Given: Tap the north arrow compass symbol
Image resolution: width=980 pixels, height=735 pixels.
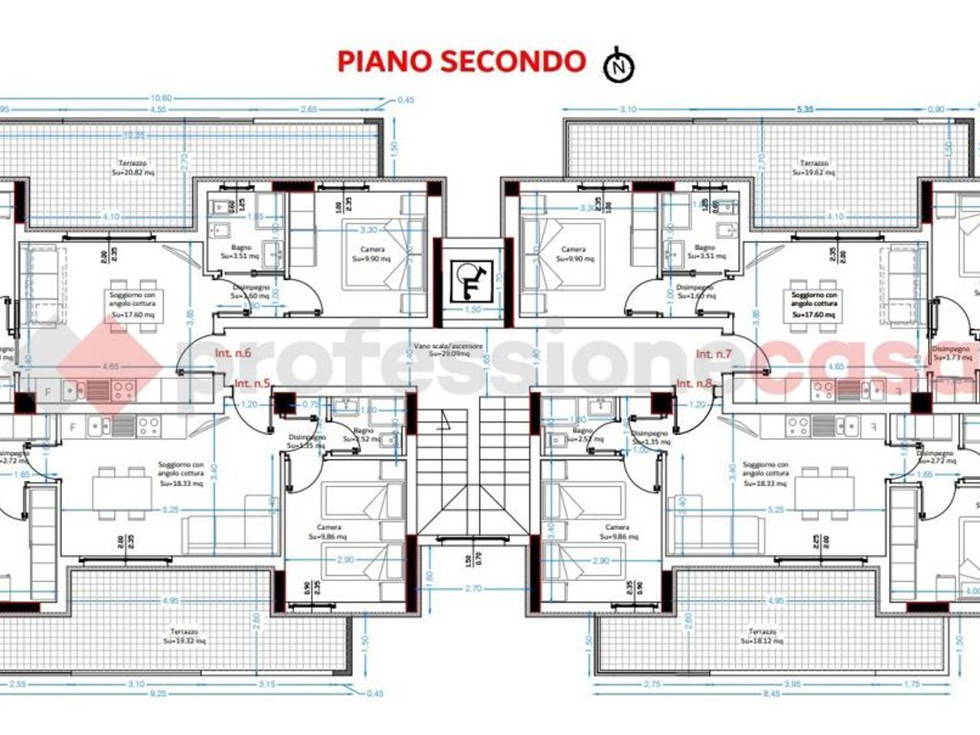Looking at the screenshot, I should [619, 66].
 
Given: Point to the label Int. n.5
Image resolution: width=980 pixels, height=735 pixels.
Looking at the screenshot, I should [252, 383].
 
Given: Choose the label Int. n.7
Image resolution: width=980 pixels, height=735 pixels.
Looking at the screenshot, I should [714, 354].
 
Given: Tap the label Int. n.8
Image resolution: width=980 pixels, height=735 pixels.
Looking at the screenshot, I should [694, 383].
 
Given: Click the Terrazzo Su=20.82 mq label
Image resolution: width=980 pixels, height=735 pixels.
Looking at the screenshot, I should [133, 168].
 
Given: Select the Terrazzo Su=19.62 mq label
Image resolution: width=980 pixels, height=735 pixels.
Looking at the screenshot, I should [814, 168].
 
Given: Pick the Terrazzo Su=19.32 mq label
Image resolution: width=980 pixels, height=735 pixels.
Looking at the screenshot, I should [187, 636].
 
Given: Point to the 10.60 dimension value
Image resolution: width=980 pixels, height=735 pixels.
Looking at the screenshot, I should [162, 98].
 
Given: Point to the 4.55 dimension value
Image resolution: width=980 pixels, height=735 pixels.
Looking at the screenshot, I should [158, 109].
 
